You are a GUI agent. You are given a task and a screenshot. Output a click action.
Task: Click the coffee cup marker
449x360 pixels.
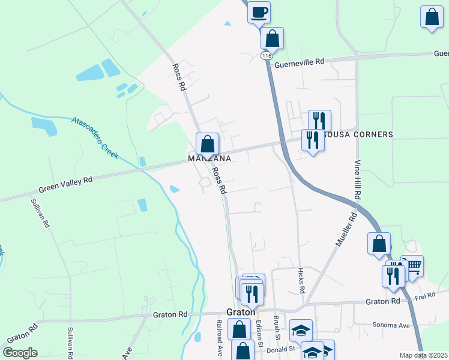click(259, 12)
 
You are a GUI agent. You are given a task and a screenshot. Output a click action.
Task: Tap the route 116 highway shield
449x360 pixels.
click(267, 55)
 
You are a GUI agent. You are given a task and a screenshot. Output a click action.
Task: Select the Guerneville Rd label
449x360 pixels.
click(300, 61)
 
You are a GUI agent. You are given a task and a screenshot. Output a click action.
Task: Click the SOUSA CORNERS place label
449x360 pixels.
click(359, 134)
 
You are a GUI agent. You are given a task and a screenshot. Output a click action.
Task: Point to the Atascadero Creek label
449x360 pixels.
click(95, 137)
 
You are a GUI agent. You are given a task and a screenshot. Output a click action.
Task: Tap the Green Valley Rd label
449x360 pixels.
click(66, 184)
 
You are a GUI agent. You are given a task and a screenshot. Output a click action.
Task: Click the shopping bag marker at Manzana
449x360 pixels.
click(207, 144)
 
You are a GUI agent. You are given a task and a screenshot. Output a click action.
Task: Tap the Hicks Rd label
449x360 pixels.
click(301, 281)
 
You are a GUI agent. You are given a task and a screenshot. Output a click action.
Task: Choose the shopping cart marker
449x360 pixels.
click(412, 265)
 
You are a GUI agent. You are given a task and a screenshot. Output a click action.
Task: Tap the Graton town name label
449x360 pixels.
click(241, 313)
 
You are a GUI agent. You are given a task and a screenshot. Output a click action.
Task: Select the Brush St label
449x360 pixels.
click(277, 327)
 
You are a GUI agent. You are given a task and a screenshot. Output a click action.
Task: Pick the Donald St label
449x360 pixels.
click(282, 348)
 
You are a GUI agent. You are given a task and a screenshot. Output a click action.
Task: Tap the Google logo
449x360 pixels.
click(20, 353)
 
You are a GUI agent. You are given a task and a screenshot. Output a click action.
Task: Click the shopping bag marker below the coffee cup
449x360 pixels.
click(273, 38)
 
